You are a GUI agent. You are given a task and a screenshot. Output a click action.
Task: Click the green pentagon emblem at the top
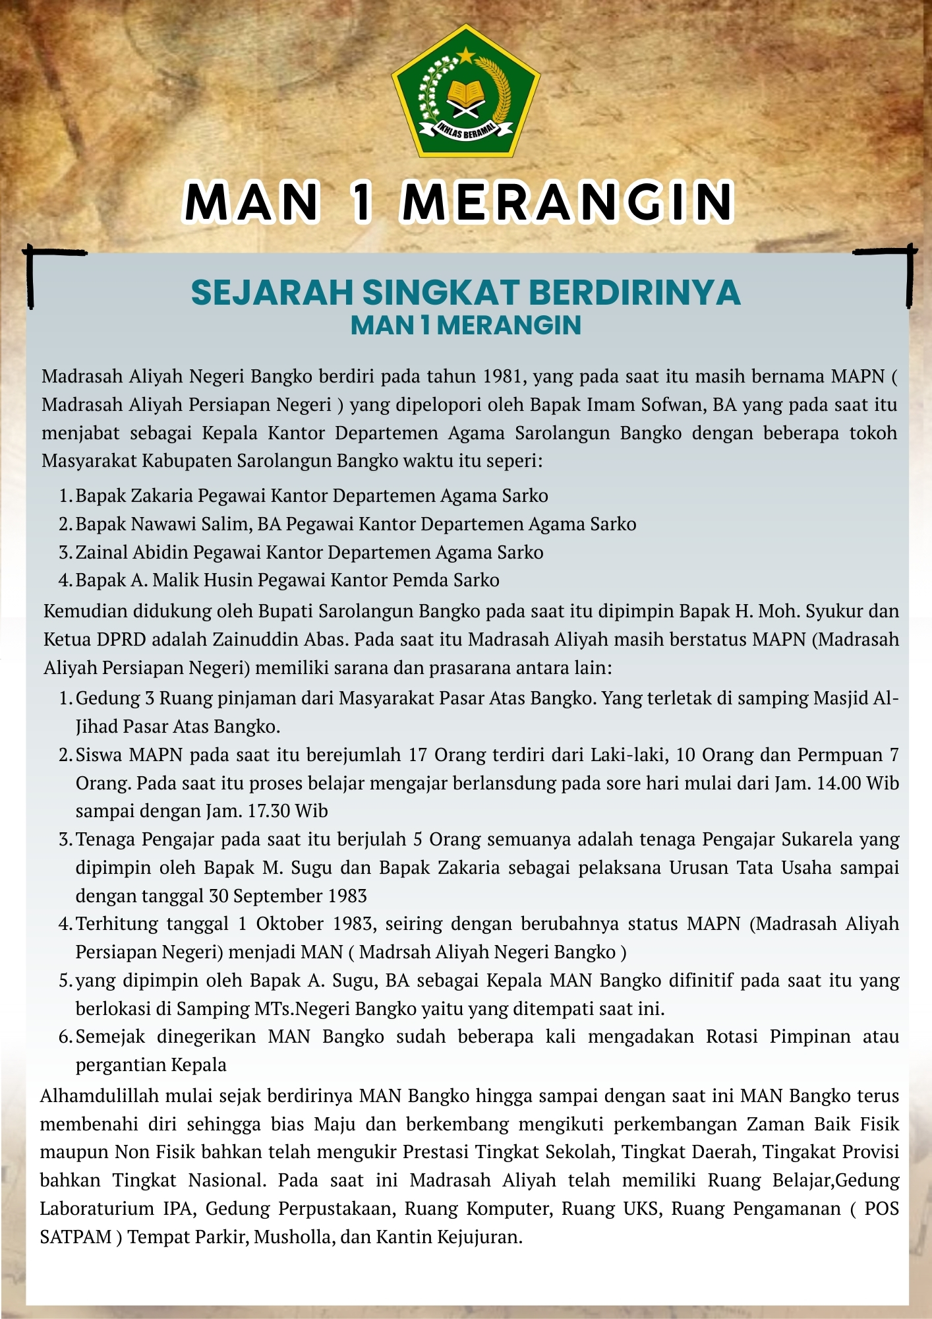[466, 92]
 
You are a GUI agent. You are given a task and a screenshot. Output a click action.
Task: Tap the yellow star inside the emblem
[466, 54]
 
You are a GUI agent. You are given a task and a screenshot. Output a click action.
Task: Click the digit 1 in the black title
[361, 202]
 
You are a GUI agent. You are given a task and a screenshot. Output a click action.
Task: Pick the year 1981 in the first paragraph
[503, 377]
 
